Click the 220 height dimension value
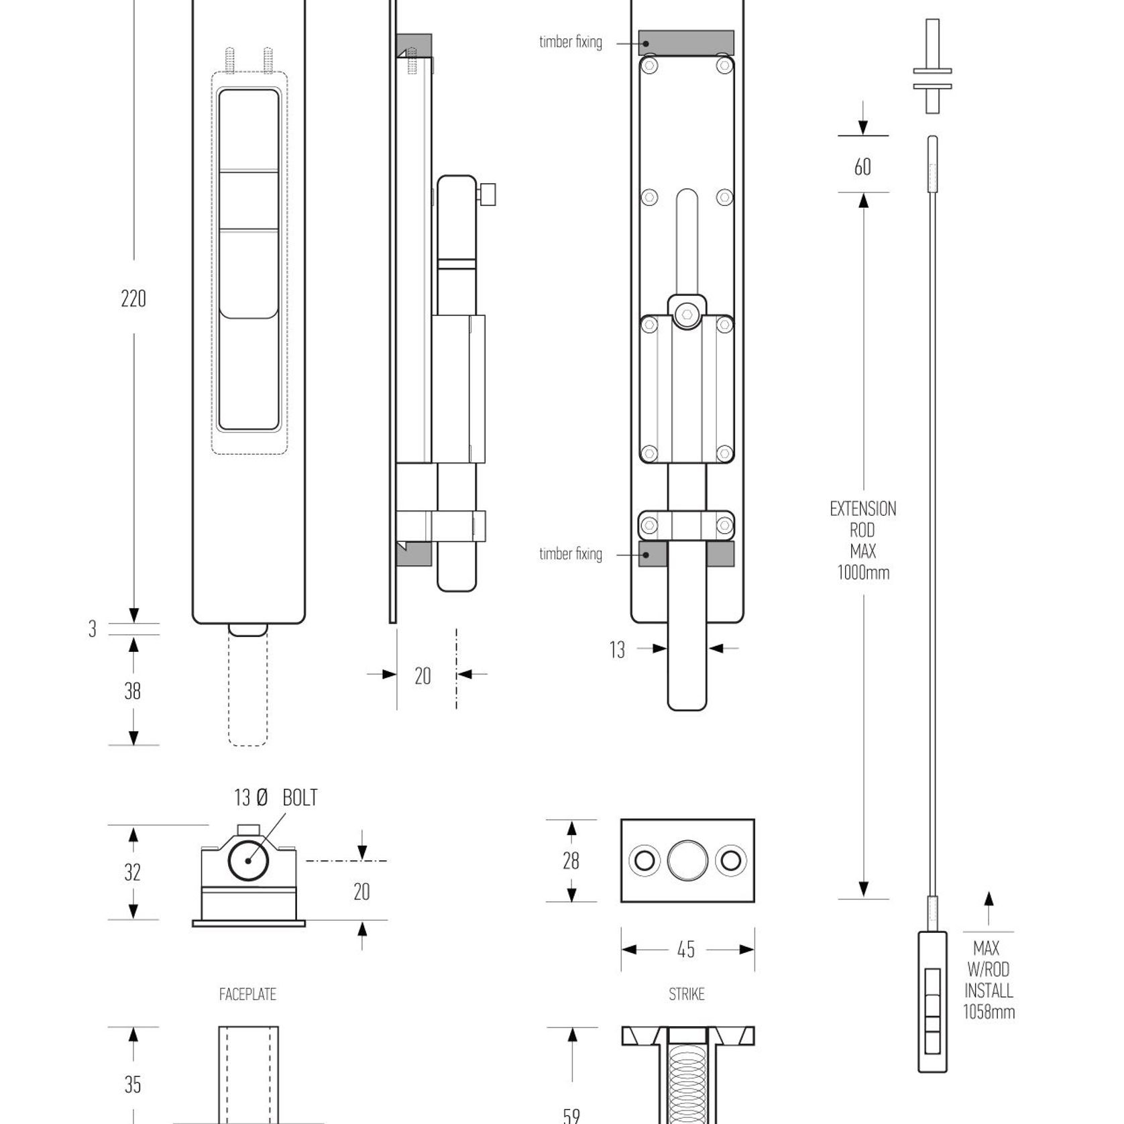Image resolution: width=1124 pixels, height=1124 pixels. [x=133, y=298]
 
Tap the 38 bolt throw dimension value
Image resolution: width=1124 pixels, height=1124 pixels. [x=133, y=691]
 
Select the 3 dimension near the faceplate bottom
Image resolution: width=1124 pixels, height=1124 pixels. [x=93, y=629]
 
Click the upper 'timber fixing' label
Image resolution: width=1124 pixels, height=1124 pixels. [x=571, y=42]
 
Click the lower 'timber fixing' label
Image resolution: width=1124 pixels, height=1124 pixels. [x=571, y=554]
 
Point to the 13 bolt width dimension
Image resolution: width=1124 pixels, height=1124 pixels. [x=617, y=650]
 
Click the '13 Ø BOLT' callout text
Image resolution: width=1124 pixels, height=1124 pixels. [x=276, y=797]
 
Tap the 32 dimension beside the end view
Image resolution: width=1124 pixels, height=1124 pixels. [x=133, y=873]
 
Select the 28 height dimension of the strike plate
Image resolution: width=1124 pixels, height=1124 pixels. [x=571, y=860]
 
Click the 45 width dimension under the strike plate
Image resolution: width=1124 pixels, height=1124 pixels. [x=686, y=950]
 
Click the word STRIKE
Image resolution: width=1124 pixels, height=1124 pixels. [x=687, y=995]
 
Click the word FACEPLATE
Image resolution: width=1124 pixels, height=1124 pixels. [x=247, y=995]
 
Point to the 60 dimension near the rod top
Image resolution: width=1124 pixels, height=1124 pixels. [x=862, y=167]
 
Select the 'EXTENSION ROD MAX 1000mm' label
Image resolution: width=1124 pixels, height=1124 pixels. [x=863, y=541]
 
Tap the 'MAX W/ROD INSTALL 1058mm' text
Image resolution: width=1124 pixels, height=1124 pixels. [x=989, y=980]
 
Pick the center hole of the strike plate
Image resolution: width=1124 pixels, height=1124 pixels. [x=687, y=860]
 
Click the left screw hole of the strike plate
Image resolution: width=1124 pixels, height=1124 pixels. [x=644, y=860]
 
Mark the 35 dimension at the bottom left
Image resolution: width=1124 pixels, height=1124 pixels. [x=133, y=1084]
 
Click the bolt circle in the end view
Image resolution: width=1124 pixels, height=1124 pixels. [x=248, y=860]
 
